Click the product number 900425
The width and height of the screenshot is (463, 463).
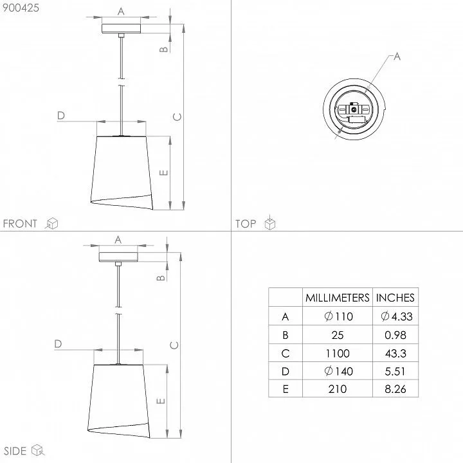coord(21,8)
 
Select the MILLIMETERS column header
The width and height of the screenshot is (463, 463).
coord(337,298)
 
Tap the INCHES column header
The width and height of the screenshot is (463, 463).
coord(395,298)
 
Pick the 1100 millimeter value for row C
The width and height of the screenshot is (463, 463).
coord(338,353)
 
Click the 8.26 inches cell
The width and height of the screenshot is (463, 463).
coord(395,389)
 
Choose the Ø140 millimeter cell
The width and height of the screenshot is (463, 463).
coord(338,371)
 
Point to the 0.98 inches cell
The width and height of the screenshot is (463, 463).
coord(395,335)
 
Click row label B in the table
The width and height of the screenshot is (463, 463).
coord(286,335)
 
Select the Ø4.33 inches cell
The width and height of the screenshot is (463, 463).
coord(396,316)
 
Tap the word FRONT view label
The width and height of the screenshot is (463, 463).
coord(20,224)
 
